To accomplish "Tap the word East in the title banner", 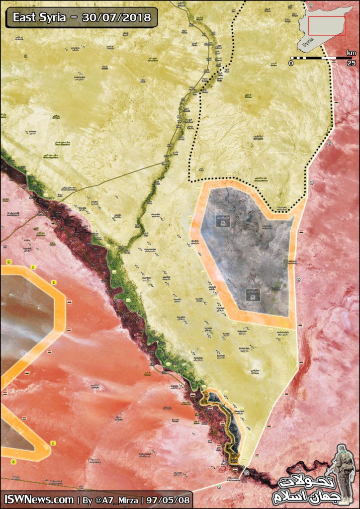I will pyautogui.click(x=24, y=17).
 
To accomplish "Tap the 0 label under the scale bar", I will pyautogui.click(x=291, y=64).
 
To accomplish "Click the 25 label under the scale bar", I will pyautogui.click(x=351, y=64).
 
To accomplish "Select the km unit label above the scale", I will pyautogui.click(x=351, y=52).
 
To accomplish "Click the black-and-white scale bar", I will pyautogui.click(x=321, y=58).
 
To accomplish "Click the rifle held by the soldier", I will pyautogui.click(x=331, y=470).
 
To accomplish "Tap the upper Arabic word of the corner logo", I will pyautogui.click(x=305, y=483).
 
